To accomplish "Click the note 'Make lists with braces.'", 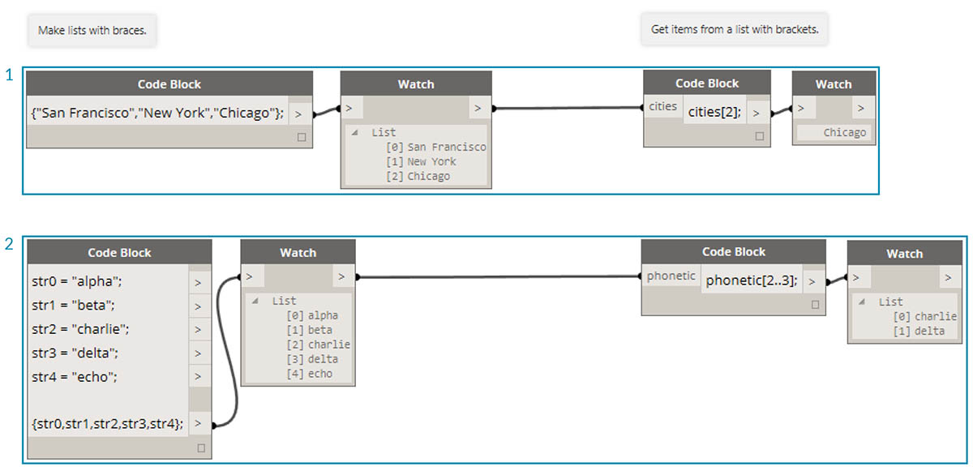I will (x=96, y=31).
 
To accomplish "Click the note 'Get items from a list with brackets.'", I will (x=735, y=30).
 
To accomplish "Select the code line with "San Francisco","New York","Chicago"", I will (x=156, y=113).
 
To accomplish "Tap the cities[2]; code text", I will (x=714, y=113).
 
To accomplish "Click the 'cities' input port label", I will (x=662, y=107).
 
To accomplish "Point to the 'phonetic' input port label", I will (x=671, y=276).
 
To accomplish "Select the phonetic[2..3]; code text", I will (x=752, y=280).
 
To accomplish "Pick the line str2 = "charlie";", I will (x=80, y=330).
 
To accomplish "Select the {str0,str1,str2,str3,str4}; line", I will (x=108, y=422).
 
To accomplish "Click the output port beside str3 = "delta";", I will (x=199, y=353).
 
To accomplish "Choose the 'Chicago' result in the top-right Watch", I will (x=844, y=132).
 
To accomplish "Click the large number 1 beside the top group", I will (x=10, y=75).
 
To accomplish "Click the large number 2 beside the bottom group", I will (x=10, y=244).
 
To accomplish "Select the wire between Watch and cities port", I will (x=568, y=108).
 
